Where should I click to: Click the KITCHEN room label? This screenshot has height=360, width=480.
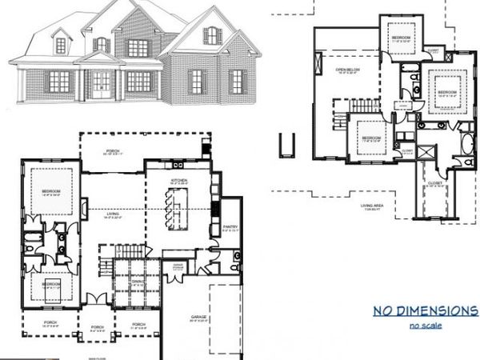point(179,181)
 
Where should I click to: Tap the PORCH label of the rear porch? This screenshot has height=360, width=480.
point(114,151)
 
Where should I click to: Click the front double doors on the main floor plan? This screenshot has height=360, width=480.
point(97,299)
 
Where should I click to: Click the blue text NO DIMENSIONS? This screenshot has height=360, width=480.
point(425,310)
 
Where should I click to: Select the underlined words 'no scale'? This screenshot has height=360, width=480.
point(426,325)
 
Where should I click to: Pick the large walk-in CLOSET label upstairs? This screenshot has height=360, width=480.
point(435,182)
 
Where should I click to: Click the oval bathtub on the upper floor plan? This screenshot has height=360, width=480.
point(466,145)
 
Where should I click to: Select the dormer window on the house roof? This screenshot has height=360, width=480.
point(61,44)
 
